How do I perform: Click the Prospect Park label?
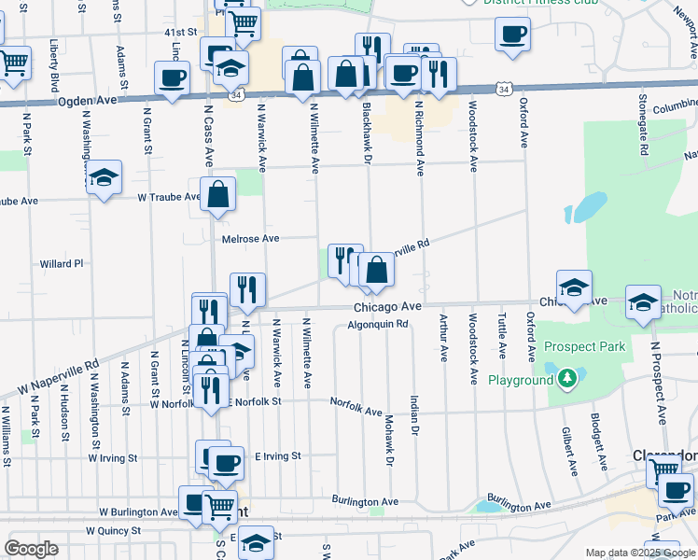[584, 347]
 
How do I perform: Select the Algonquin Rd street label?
[378, 325]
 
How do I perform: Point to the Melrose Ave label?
[251, 239]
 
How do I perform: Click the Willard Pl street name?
[62, 264]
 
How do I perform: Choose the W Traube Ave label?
[169, 198]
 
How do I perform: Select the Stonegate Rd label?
[644, 122]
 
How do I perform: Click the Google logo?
[31, 549]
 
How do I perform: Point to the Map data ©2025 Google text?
[640, 553]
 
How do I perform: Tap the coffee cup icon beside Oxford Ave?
[512, 35]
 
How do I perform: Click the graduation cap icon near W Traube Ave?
[105, 176]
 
